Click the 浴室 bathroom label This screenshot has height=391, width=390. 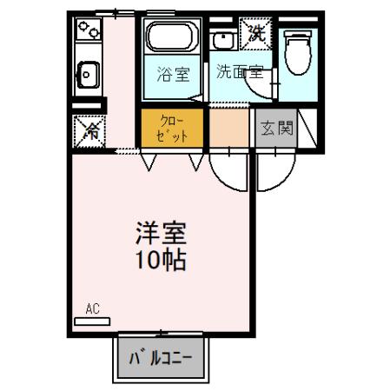[x=173, y=75]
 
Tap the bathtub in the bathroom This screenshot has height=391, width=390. [x=172, y=40]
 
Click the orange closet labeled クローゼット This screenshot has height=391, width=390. [x=172, y=128]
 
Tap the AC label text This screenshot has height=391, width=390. [x=93, y=308]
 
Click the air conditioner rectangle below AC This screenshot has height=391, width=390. [x=94, y=321]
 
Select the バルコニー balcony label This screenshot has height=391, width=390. [x=162, y=358]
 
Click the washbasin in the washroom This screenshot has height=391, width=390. [x=223, y=42]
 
